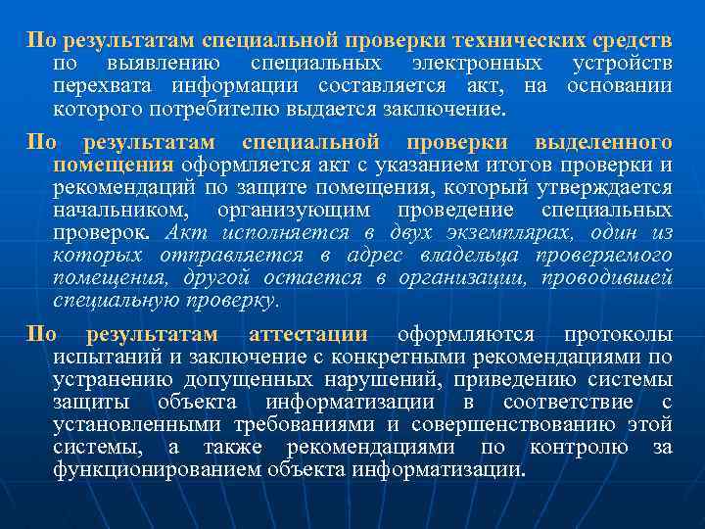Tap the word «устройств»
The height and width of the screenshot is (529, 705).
[622, 64]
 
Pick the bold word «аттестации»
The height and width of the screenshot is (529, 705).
[308, 334]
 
